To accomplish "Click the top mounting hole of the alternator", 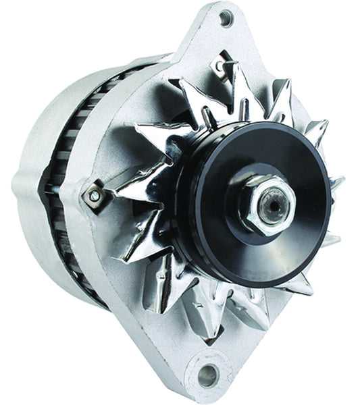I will (226, 18).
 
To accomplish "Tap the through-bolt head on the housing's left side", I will (95, 196).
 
